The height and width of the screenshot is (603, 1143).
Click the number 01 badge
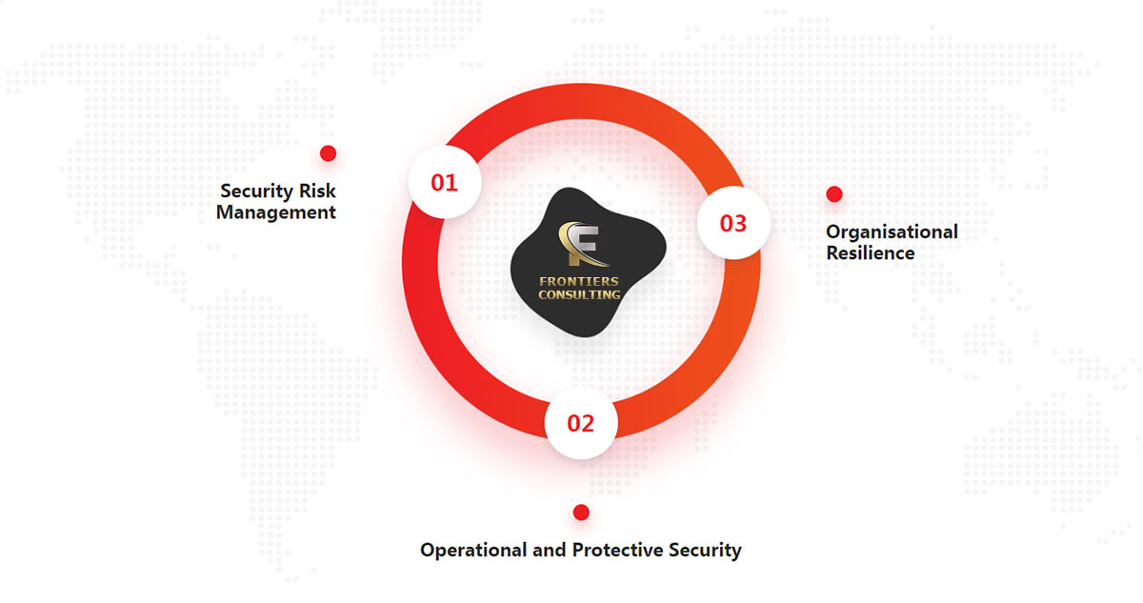coord(445,182)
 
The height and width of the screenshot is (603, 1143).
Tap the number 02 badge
coord(581,423)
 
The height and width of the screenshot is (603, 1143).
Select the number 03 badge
coord(733,223)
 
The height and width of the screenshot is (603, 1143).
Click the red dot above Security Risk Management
coord(328,153)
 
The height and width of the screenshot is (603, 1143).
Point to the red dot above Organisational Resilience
coord(834,194)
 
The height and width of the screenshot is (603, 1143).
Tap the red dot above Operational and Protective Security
coord(581,513)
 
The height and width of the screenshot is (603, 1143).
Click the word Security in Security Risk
coord(256,191)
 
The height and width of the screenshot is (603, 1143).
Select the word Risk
coord(317,191)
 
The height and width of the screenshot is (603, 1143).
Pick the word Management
coord(276,212)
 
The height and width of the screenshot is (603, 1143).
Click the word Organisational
coord(892,232)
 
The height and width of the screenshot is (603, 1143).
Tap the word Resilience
coord(871,253)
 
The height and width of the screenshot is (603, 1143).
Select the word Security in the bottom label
coord(705,551)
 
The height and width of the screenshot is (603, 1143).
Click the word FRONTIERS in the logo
coord(579,281)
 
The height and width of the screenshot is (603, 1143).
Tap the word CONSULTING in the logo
coord(579,295)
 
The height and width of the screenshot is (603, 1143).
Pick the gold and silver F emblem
coord(583,244)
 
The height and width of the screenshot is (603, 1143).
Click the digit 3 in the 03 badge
coord(740,224)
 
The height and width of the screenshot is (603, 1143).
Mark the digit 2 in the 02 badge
coord(588,423)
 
